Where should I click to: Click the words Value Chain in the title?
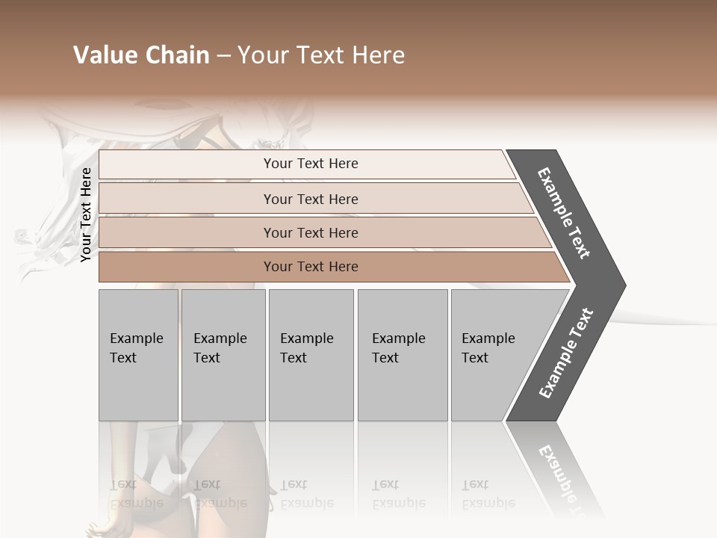click(141, 55)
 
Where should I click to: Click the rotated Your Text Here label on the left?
click(86, 214)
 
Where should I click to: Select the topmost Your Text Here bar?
click(187, 164)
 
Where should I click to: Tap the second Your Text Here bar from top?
click(187, 199)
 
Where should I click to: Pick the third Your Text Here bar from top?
click(187, 232)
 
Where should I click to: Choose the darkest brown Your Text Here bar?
click(187, 267)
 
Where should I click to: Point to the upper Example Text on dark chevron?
click(564, 213)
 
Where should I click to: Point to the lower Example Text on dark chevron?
click(566, 353)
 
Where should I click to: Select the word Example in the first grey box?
click(136, 338)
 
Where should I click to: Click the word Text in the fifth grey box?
click(475, 358)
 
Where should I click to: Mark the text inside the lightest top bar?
click(311, 164)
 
